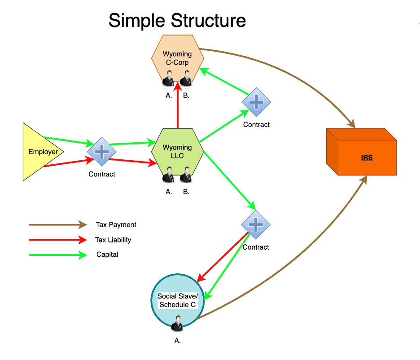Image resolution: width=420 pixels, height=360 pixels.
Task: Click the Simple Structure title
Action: coord(177,21)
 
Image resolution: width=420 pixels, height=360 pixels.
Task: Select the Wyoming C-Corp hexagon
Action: coord(177,56)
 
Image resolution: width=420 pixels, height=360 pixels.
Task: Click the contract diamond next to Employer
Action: coord(102,152)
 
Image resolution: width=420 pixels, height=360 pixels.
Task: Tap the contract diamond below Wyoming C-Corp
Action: coord(256,102)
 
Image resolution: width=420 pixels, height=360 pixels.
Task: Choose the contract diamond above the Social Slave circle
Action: coord(256,224)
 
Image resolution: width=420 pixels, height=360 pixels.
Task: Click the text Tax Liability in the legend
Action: coord(113,240)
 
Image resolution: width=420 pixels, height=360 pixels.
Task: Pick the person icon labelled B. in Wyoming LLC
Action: coord(186,175)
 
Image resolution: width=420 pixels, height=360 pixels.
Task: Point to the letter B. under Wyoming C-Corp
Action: coord(186,95)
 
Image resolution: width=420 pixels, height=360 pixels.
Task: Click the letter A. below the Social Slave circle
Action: coord(178,341)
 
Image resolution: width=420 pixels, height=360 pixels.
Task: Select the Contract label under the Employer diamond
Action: coord(102,174)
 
